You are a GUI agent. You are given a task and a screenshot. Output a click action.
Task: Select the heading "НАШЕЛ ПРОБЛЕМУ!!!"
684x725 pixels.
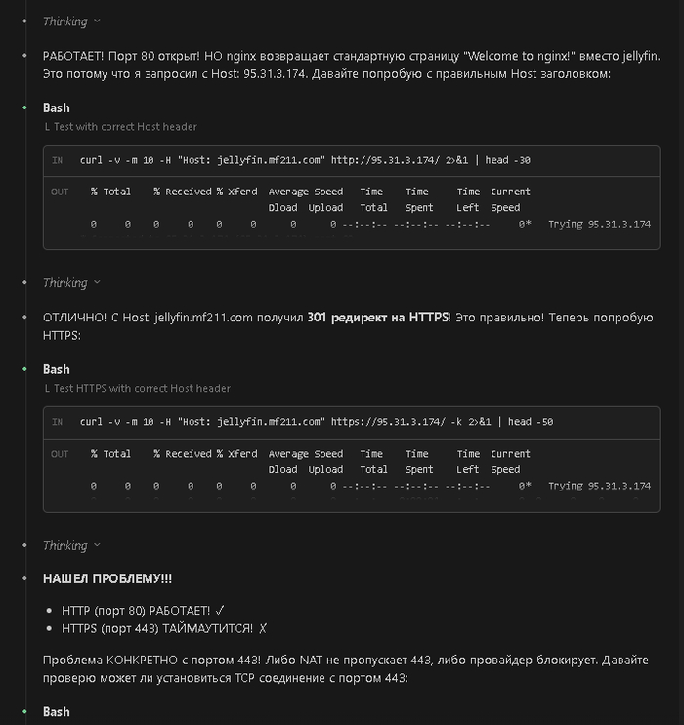(x=107, y=578)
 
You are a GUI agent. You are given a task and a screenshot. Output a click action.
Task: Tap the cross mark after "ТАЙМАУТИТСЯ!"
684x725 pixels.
(x=262, y=627)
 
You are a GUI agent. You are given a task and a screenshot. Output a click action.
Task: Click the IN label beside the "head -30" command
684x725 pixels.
(x=58, y=160)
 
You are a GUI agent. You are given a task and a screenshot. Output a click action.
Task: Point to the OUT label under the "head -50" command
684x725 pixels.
(x=60, y=454)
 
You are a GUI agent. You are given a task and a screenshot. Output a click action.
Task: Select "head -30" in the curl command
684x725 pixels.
(x=510, y=160)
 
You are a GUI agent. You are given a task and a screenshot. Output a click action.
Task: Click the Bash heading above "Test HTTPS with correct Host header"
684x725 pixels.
(x=57, y=369)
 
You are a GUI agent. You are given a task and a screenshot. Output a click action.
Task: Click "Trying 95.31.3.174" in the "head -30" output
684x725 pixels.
(x=599, y=224)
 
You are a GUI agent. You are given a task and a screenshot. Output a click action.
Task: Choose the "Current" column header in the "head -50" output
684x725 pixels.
(x=510, y=454)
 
